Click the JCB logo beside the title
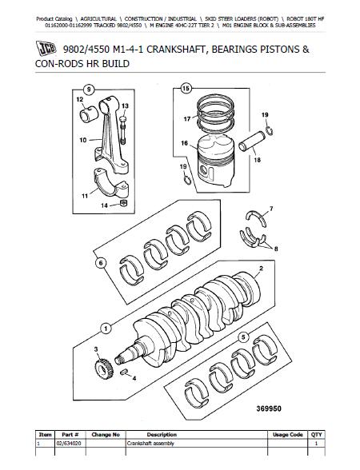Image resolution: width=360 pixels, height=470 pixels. [46, 48]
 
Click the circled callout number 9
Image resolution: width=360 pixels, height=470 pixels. [88, 90]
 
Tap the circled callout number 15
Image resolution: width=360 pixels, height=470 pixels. [186, 88]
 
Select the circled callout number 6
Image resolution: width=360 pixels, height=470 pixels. [101, 263]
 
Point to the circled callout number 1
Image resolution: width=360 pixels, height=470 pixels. [106, 329]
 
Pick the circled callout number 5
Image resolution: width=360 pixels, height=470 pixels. [243, 337]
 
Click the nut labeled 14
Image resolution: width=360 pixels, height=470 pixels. [123, 203]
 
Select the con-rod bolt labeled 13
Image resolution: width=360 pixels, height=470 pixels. [122, 129]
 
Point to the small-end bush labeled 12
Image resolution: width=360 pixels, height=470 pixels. [89, 114]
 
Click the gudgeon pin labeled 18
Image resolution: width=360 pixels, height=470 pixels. [252, 141]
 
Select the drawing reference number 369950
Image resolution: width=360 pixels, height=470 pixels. [269, 408]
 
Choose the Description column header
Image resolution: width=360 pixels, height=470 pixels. [162, 435]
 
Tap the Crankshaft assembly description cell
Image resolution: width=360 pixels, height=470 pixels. [150, 444]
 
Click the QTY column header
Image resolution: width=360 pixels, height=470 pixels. [316, 435]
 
